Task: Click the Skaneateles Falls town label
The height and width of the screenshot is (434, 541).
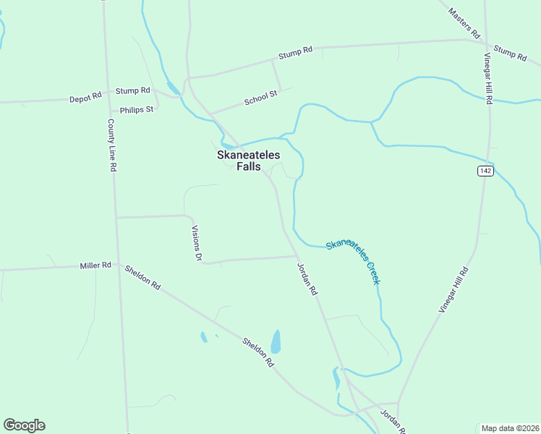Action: coord(248,161)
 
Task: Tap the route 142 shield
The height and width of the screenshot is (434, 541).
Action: coord(485,171)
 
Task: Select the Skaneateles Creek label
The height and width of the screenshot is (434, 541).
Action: coord(353,260)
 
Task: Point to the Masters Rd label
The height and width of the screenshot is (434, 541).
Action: coord(464,23)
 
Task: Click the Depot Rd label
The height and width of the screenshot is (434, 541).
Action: coord(85,97)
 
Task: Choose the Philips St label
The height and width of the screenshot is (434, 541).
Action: coord(137,110)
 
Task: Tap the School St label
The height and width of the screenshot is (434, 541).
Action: coord(260,98)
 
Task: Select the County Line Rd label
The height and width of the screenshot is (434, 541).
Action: coord(112,145)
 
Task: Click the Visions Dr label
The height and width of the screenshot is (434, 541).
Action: coord(195,242)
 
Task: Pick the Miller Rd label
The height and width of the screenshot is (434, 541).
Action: coord(95,265)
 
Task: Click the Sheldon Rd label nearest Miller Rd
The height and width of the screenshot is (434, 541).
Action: coord(142,277)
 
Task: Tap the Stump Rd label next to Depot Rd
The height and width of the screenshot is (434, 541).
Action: coord(132,90)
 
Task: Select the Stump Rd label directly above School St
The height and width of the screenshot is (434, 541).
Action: coord(297,51)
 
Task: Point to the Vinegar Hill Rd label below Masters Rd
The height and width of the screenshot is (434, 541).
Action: coord(488,80)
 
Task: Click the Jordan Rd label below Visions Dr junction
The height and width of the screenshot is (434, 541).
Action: coord(307,278)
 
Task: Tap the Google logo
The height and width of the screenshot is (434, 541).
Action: coord(24,425)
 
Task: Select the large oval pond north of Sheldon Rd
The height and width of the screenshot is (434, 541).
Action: coord(276,341)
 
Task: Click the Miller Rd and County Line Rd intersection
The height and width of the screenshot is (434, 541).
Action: coord(117,265)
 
